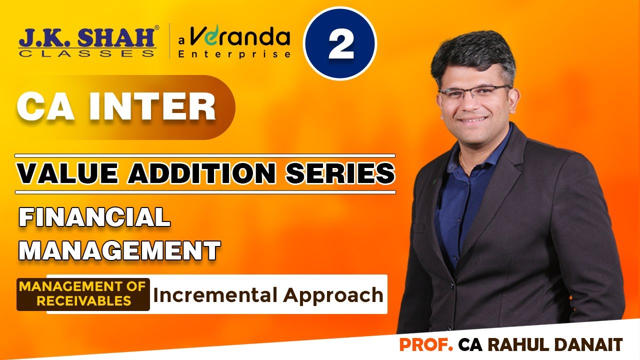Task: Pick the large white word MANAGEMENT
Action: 119,250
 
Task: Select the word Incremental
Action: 215,295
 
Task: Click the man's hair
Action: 472,57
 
